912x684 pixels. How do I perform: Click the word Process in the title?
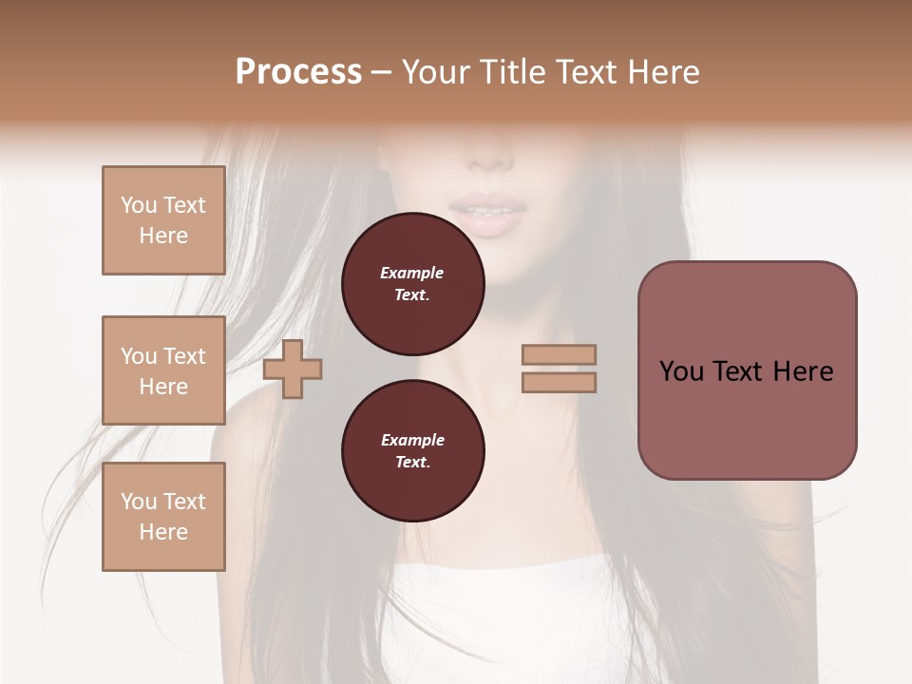298,71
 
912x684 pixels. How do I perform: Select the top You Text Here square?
163,220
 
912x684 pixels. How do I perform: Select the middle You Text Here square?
163,370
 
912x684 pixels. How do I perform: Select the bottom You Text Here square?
163,517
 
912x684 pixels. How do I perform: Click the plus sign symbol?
293,369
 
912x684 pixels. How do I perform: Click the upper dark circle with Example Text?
412,284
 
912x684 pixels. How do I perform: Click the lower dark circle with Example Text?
412,450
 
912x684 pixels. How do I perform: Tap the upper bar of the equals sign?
559,354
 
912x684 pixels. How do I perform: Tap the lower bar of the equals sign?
559,382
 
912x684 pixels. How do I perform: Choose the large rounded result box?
747,370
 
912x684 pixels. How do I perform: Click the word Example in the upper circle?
412,273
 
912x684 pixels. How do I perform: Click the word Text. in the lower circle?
412,462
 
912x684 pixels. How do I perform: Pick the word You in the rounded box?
681,371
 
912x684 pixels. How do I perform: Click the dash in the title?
381,72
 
